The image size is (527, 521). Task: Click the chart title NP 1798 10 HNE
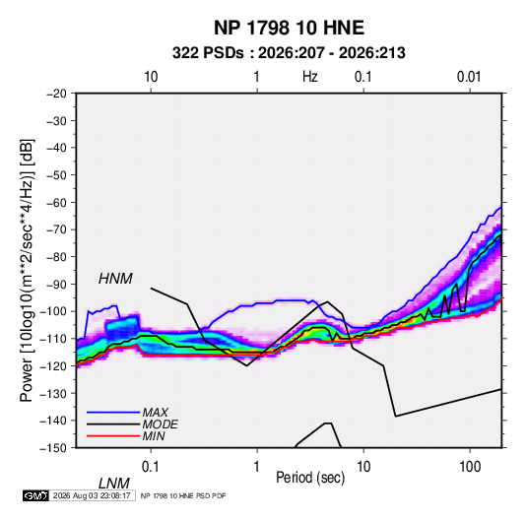click(x=289, y=28)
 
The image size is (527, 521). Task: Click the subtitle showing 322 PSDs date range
click(x=289, y=53)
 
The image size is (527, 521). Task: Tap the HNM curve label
click(x=115, y=279)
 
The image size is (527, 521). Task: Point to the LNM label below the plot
click(x=113, y=484)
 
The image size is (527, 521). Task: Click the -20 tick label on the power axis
click(x=57, y=94)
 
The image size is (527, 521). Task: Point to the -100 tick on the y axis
click(x=54, y=311)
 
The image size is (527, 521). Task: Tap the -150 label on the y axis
click(x=54, y=448)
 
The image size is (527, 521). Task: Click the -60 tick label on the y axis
click(x=57, y=202)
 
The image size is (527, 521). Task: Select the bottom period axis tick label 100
click(x=470, y=467)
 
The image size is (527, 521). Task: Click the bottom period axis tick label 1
click(x=257, y=467)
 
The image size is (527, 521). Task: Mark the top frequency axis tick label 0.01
click(x=469, y=77)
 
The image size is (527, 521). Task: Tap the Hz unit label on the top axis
click(x=310, y=77)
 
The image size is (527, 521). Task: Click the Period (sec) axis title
click(x=310, y=478)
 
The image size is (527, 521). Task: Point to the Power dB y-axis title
click(x=27, y=270)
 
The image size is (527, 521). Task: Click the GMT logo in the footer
click(x=35, y=495)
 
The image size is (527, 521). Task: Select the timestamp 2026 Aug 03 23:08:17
click(x=92, y=495)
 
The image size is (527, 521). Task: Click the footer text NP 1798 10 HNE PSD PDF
click(x=183, y=495)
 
